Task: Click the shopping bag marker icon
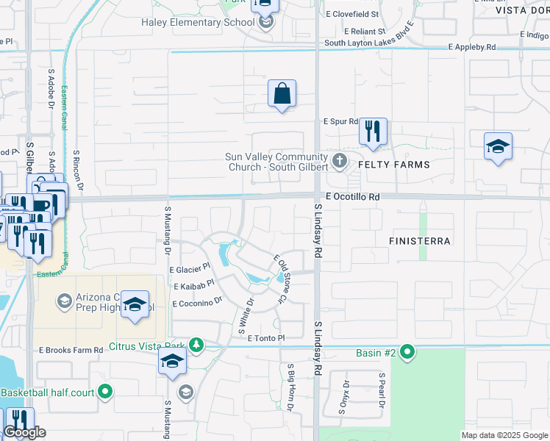tap(282, 94)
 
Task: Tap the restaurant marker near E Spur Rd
tap(373, 132)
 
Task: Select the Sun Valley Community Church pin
tap(339, 160)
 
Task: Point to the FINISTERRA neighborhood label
tap(421, 241)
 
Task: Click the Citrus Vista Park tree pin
tap(196, 345)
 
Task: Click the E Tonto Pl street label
tap(265, 337)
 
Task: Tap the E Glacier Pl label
tap(190, 270)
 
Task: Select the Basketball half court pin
tap(106, 392)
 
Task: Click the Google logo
tap(24, 433)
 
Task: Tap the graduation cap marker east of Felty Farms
tap(498, 146)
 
